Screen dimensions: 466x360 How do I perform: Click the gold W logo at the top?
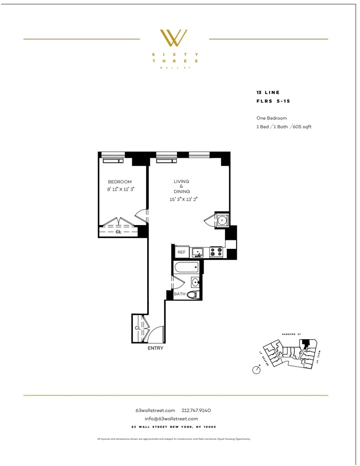pyautogui.click(x=174, y=38)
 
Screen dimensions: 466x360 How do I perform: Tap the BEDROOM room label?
pyautogui.click(x=120, y=182)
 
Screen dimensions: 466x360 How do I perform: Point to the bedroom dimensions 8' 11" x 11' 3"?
pyautogui.click(x=120, y=189)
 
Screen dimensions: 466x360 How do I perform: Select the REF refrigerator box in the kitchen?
pyautogui.click(x=181, y=252)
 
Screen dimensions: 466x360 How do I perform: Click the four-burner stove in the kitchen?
pyautogui.click(x=217, y=252)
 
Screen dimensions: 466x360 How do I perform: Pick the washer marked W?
pyautogui.click(x=222, y=219)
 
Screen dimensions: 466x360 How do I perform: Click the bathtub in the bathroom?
pyautogui.click(x=187, y=267)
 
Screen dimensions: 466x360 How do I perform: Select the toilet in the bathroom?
pyautogui.click(x=193, y=294)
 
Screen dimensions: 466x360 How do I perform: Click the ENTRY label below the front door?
pyautogui.click(x=155, y=348)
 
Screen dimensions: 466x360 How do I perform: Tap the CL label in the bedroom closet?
pyautogui.click(x=118, y=232)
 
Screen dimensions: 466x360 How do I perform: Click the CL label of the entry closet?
pyautogui.click(x=137, y=328)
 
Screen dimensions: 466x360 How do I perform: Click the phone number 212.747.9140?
pyautogui.click(x=196, y=410)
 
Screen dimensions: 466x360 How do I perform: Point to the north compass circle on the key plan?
pyautogui.click(x=256, y=370)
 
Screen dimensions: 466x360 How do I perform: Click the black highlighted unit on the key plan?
pyautogui.click(x=306, y=344)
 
